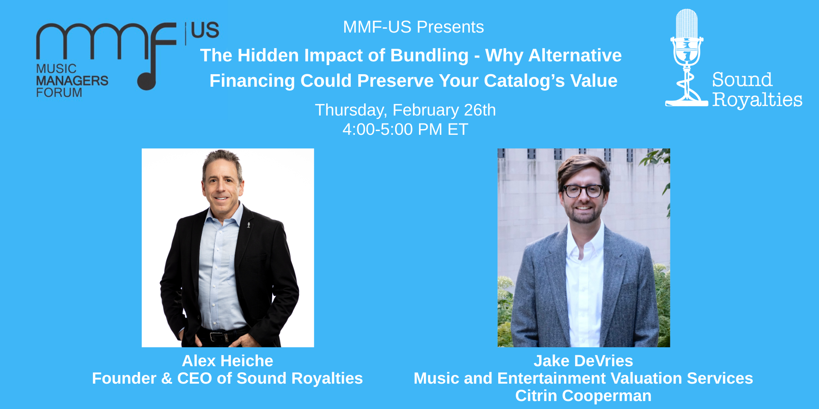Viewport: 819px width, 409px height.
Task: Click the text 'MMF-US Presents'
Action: point(413,27)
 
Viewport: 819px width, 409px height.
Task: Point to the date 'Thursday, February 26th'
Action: point(405,110)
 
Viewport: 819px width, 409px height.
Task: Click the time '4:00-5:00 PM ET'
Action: point(405,130)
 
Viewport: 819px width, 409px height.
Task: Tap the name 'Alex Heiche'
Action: point(227,361)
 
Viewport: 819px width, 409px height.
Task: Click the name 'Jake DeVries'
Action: point(583,361)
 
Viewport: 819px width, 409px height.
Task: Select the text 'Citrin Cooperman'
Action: point(583,396)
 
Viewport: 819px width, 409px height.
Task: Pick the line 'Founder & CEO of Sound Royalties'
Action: point(227,378)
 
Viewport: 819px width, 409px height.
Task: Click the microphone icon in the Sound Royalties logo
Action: point(687,42)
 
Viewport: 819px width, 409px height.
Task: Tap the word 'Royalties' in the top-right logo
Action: point(757,100)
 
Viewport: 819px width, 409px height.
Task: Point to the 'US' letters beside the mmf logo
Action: point(205,30)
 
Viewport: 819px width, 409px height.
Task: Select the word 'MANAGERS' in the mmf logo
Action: point(72,81)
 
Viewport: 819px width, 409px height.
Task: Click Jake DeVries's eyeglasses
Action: point(583,190)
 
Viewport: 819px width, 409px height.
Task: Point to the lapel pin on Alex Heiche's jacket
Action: point(248,225)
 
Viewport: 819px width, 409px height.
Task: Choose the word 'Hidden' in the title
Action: point(268,56)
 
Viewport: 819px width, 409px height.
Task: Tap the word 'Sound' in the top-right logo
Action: point(742,80)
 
